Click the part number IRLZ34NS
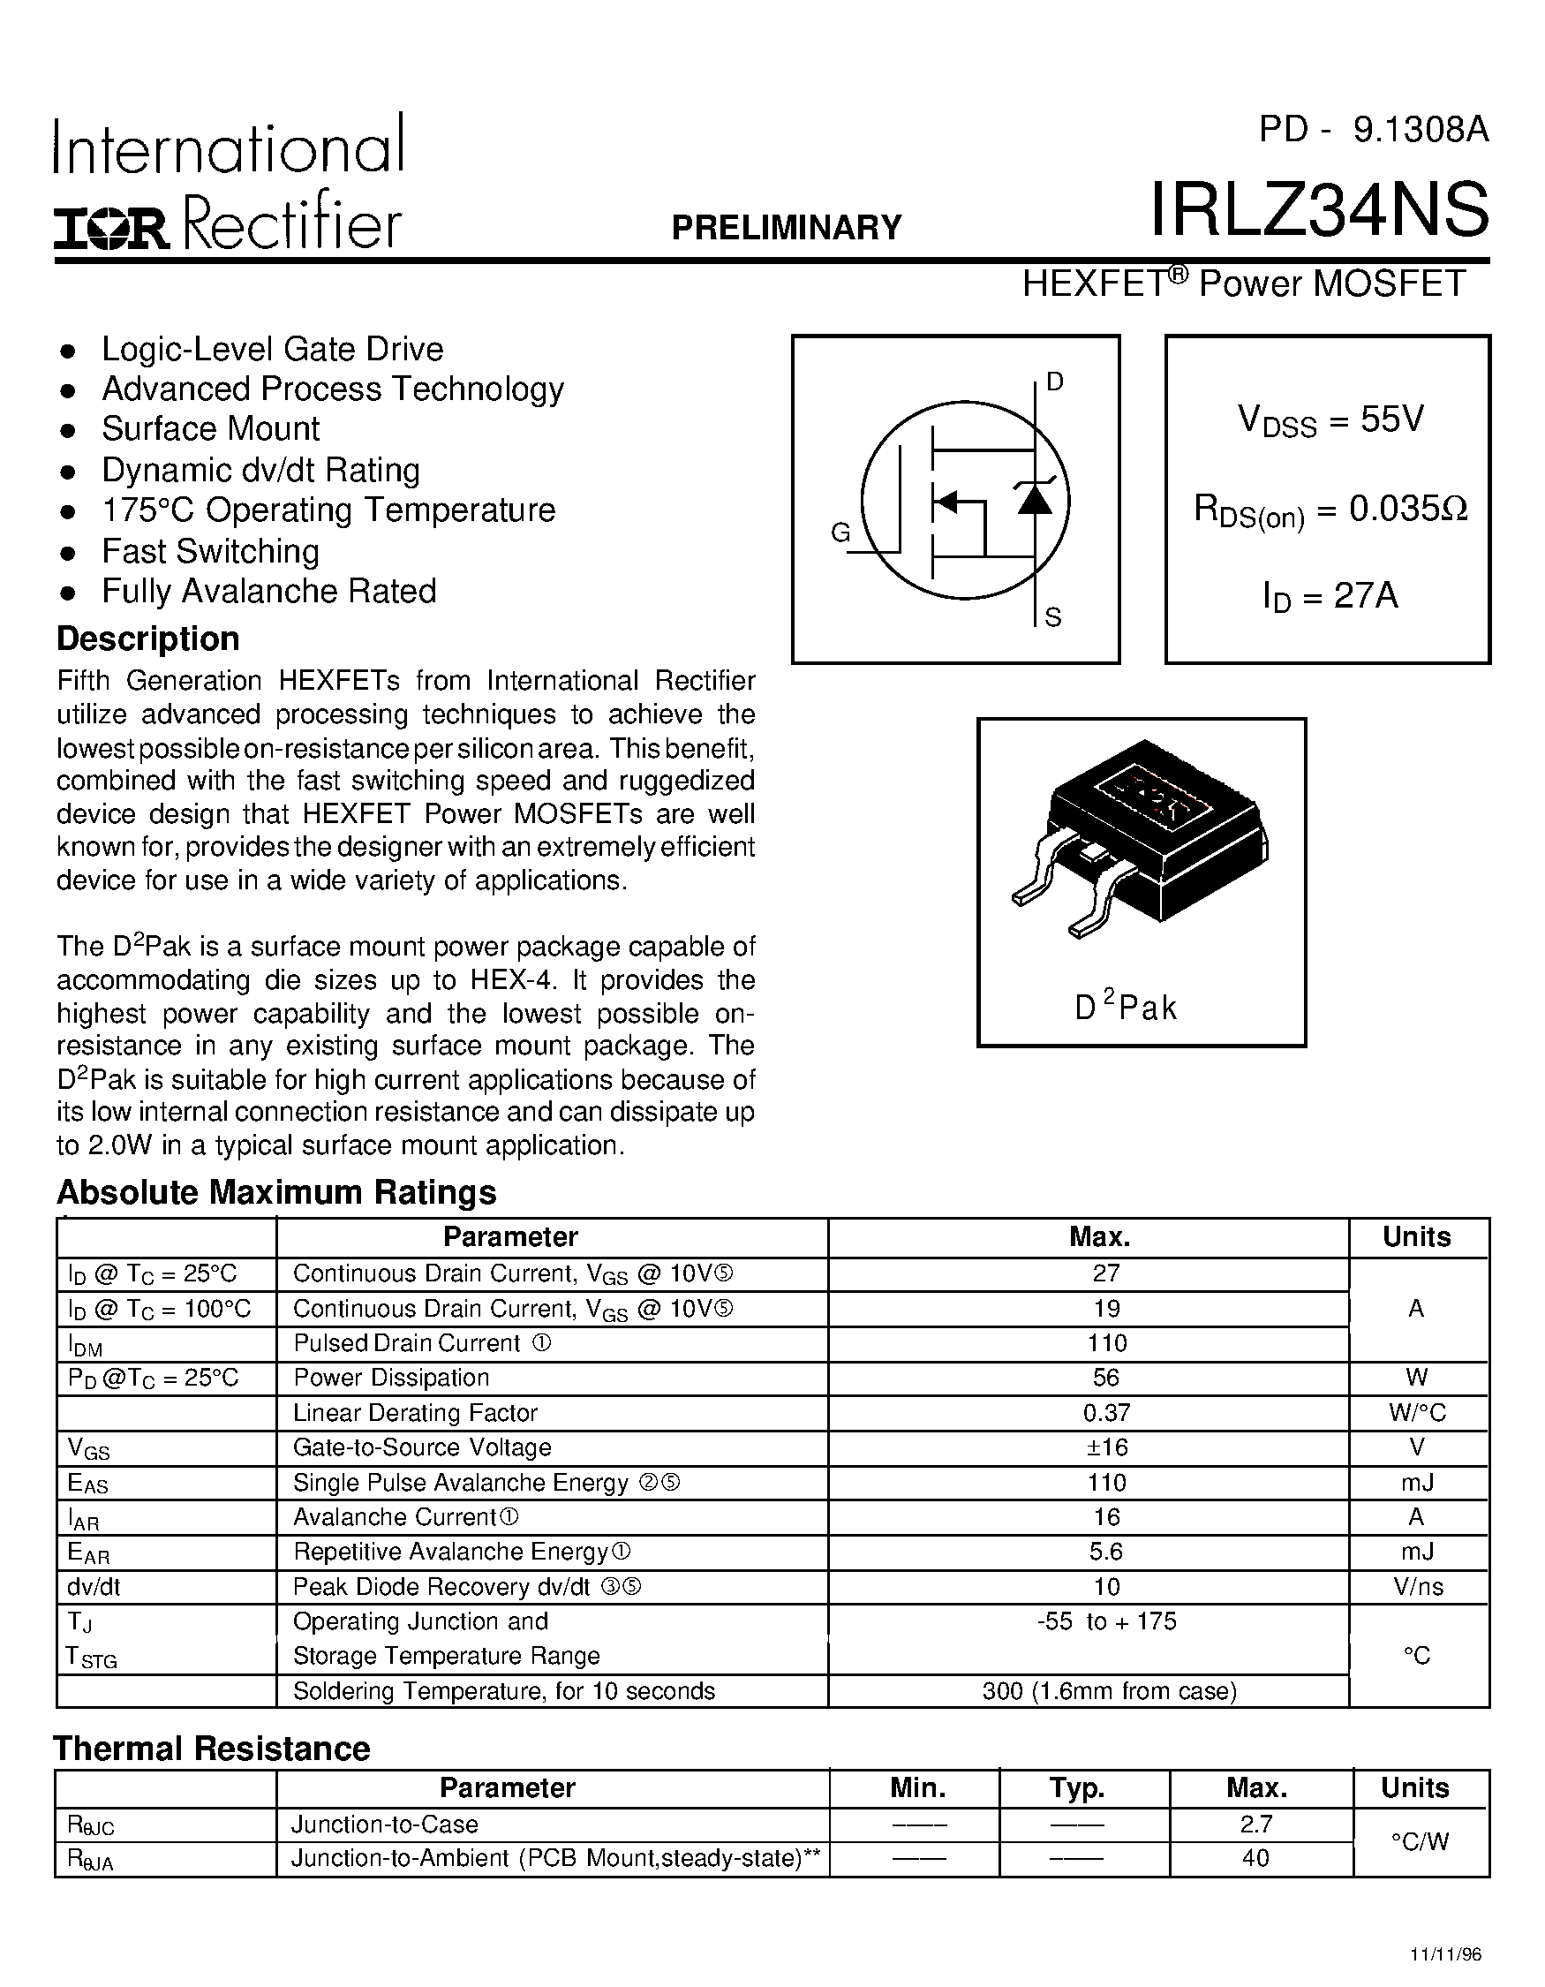(1320, 210)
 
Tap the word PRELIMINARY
(787, 228)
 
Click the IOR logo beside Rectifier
(111, 229)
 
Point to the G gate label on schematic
(840, 533)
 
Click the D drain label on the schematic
(1055, 382)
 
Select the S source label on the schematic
(1053, 619)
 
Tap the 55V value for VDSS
(1391, 419)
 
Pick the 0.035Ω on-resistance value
(1407, 509)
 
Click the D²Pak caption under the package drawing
(1126, 1007)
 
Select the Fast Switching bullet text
(210, 551)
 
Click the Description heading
(148, 638)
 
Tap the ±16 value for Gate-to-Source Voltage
(1106, 1447)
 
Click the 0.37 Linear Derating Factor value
(1106, 1413)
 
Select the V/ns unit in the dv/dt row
(1417, 1587)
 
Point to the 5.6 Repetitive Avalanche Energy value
(1106, 1552)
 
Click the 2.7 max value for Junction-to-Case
(1255, 1825)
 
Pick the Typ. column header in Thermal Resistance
(1078, 1788)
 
